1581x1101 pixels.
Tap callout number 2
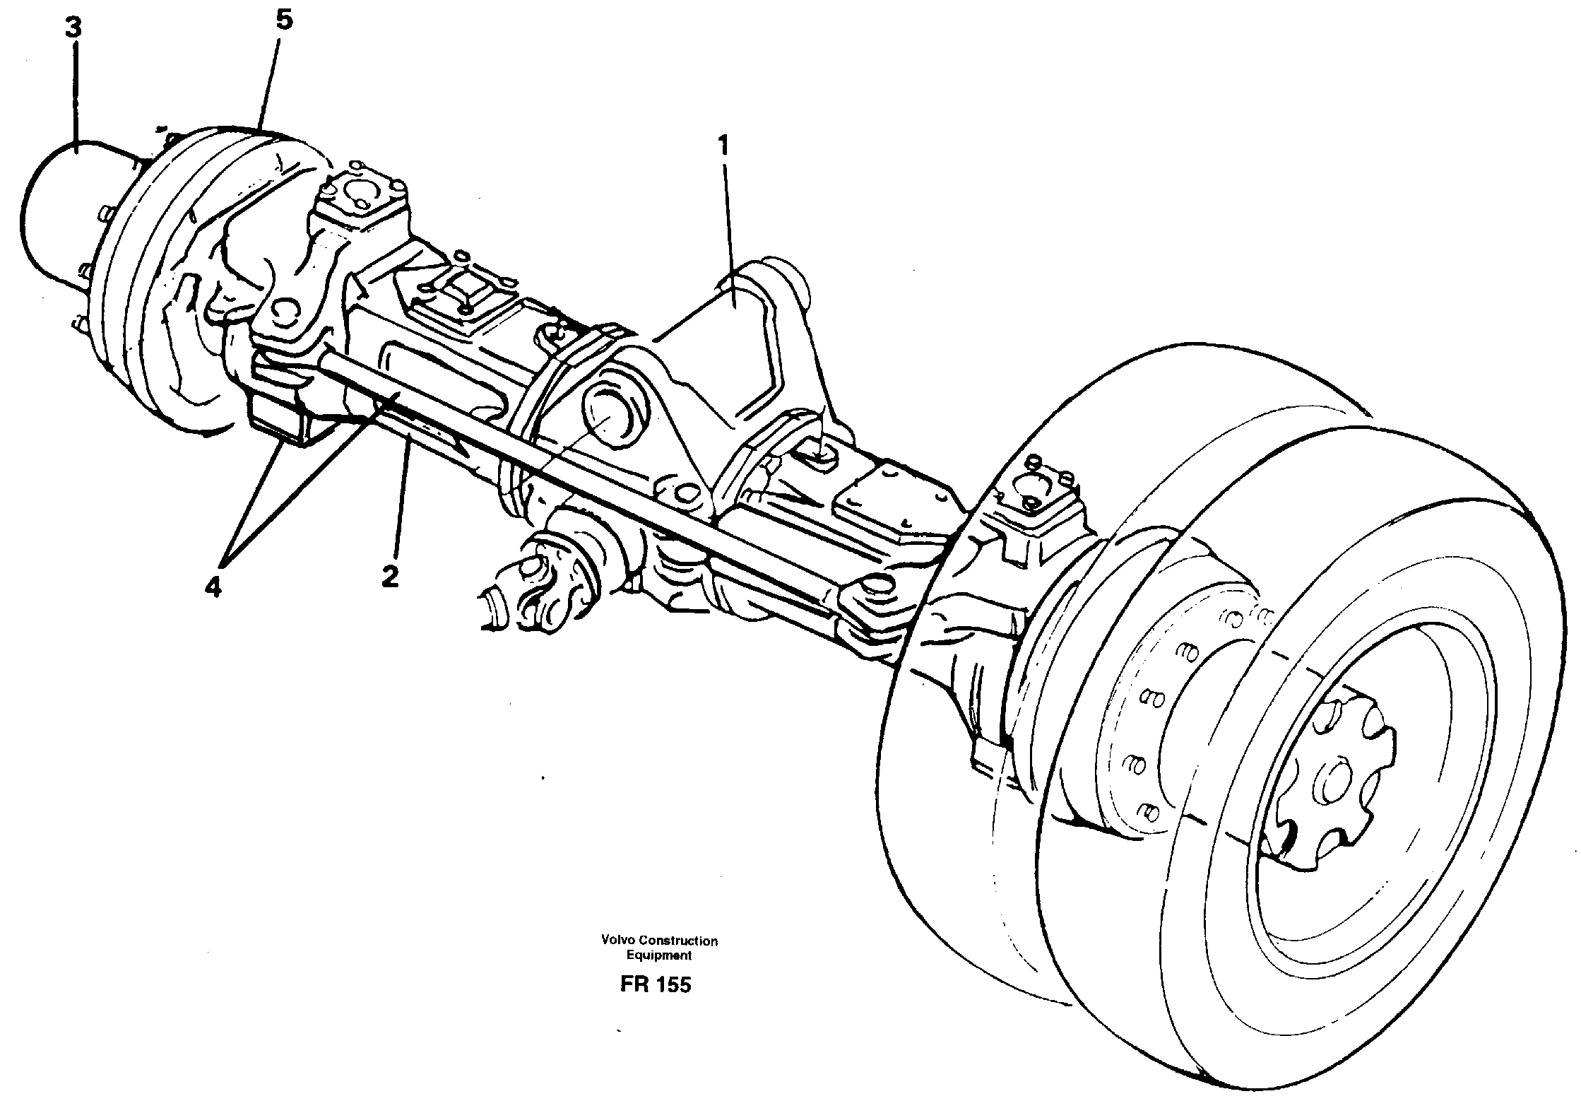[389, 577]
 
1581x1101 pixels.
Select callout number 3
[73, 29]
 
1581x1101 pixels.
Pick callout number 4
[213, 586]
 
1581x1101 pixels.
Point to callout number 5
[283, 20]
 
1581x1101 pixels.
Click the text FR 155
[655, 985]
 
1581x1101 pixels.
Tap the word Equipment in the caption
[659, 955]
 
